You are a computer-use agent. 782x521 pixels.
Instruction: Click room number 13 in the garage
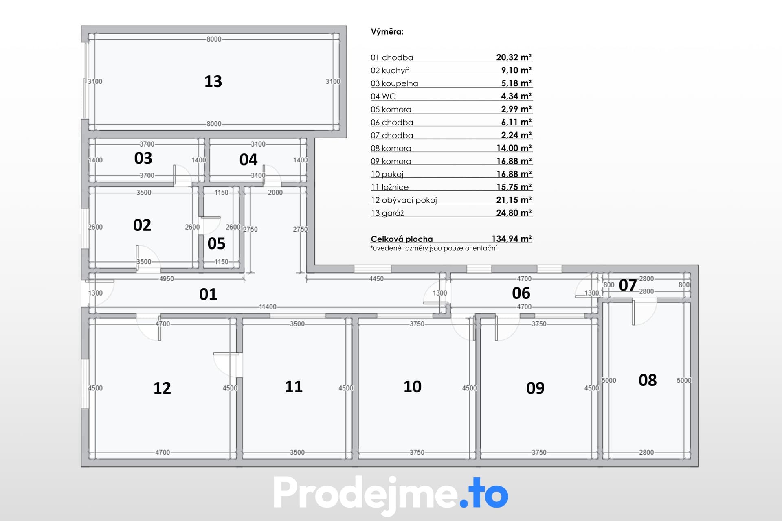pos(213,81)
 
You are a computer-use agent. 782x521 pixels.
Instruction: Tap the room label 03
pos(143,158)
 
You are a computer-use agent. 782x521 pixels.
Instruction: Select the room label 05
pos(216,243)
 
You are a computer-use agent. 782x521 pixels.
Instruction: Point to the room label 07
pos(628,285)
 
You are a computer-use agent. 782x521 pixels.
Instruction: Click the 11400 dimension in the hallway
pos(268,307)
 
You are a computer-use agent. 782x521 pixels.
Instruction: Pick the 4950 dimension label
pos(166,279)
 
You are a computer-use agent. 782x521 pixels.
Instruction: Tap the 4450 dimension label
pos(376,279)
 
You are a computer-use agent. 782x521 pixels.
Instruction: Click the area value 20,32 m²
pos(514,57)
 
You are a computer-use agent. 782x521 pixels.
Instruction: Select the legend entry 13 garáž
pos(387,213)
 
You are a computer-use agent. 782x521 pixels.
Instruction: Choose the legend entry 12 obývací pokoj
pos(404,200)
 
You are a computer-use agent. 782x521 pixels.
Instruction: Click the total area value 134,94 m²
pos(512,239)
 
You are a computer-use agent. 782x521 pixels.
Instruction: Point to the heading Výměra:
pos(387,32)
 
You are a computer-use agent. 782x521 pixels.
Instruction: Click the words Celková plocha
pos(402,239)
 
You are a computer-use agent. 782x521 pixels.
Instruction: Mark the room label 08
pos(648,380)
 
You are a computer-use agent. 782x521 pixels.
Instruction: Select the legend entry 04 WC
pos(383,96)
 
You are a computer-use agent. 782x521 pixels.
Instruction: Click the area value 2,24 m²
pos(516,135)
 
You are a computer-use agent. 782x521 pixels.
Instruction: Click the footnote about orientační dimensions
pos(433,248)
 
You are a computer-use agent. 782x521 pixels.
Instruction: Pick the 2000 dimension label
pos(275,193)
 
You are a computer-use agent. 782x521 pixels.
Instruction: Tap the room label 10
pos(412,387)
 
